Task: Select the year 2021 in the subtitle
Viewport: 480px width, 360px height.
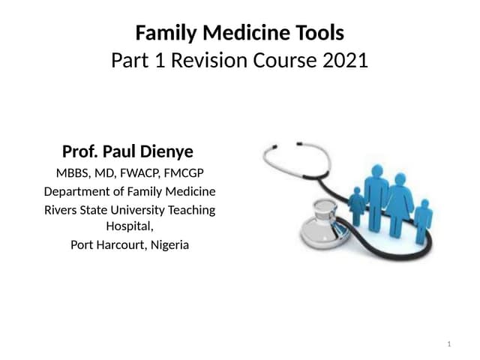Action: (x=344, y=60)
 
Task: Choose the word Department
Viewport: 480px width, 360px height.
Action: (x=77, y=191)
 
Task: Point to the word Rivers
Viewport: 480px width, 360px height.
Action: (x=62, y=210)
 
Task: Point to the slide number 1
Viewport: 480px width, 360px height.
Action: (x=448, y=344)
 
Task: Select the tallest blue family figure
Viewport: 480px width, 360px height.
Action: (x=374, y=191)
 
